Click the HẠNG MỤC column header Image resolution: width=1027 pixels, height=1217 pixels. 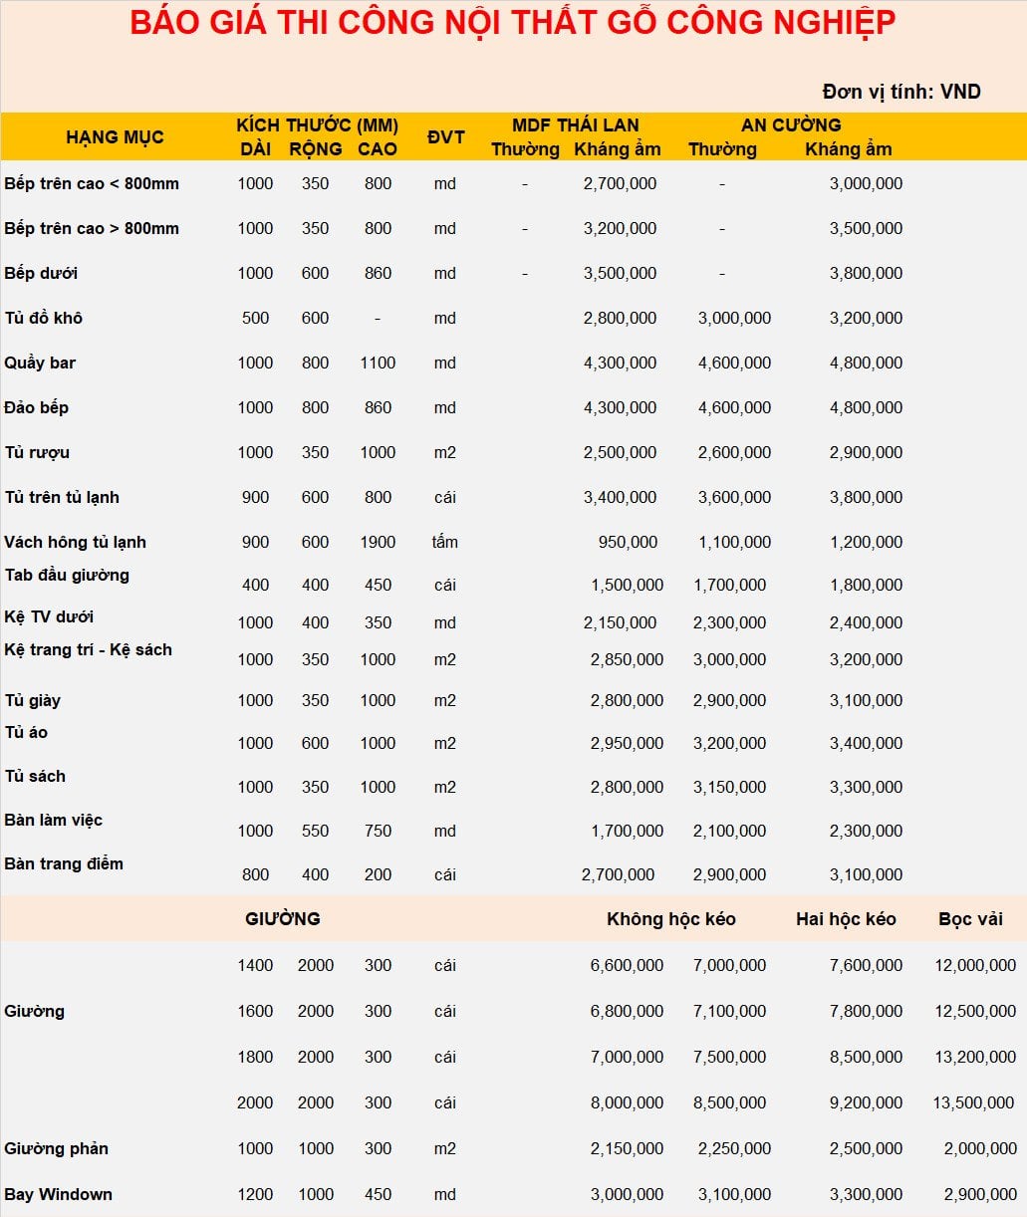115,137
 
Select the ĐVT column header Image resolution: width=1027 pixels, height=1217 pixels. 445,136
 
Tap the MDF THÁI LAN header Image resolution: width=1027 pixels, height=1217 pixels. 575,125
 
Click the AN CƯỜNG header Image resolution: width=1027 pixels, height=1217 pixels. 791,125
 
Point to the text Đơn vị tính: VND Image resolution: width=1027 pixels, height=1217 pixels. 901,92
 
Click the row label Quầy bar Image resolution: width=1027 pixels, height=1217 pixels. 40,363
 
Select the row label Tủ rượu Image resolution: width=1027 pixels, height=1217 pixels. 37,452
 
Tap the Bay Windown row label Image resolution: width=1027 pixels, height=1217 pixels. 58,1194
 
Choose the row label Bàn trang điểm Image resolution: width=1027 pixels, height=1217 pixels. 64,863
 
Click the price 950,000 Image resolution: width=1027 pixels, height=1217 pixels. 628,542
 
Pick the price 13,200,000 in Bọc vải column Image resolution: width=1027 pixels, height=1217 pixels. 975,1057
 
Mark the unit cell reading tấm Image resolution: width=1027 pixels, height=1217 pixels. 444,542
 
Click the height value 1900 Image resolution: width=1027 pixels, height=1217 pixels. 378,542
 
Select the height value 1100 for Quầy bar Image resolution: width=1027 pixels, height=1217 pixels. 378,363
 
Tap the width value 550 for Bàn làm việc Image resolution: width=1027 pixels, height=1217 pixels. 315,831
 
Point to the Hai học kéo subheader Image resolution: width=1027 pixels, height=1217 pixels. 846,919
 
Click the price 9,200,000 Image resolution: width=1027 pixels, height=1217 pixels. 866,1102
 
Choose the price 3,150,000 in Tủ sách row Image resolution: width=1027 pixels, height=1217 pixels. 729,787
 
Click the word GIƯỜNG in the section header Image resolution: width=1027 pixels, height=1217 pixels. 283,919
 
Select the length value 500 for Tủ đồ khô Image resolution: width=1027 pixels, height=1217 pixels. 255,318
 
